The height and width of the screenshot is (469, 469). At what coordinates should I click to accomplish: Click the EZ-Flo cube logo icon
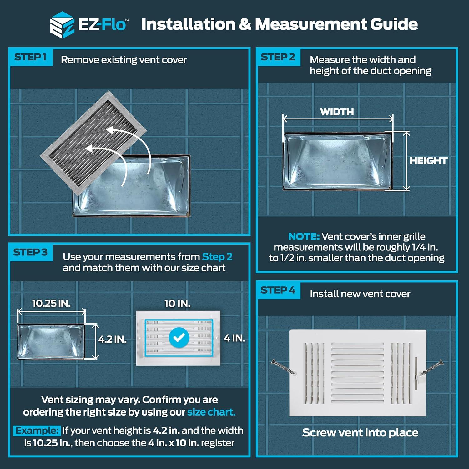(x=62, y=25)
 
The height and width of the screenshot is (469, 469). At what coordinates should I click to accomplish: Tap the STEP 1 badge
(x=30, y=57)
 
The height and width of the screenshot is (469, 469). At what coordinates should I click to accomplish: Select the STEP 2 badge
(x=278, y=57)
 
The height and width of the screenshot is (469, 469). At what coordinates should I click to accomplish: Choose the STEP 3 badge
(x=30, y=252)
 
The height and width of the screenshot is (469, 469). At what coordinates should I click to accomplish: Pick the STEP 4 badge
(x=278, y=290)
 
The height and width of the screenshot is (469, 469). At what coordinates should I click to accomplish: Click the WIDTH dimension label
(x=337, y=112)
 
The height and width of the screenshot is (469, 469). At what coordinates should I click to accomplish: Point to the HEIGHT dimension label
(x=428, y=161)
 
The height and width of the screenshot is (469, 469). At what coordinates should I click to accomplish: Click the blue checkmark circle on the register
(x=179, y=337)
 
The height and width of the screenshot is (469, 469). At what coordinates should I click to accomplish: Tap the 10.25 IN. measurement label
(x=51, y=303)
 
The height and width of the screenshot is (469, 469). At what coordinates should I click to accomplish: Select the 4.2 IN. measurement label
(x=112, y=339)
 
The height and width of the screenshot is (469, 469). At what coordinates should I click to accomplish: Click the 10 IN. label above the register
(x=177, y=303)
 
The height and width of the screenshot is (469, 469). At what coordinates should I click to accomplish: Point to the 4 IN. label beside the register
(x=234, y=338)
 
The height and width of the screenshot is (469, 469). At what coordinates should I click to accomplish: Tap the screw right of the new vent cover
(x=431, y=367)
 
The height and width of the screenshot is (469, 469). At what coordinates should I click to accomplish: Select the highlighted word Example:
(x=37, y=431)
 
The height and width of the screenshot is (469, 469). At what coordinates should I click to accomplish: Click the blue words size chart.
(x=211, y=412)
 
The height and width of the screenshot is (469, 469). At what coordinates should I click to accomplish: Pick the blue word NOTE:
(x=303, y=236)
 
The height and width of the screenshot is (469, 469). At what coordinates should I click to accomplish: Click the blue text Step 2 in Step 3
(x=217, y=257)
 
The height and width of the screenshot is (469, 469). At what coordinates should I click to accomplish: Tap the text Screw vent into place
(x=360, y=433)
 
